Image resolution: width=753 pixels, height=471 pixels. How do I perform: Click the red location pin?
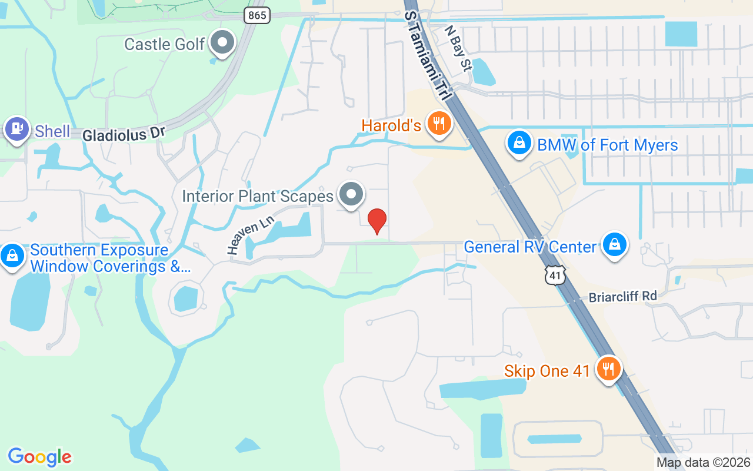377,221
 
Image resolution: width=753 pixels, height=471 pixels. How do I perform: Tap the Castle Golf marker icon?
223,43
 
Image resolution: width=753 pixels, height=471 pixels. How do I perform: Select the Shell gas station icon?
16,128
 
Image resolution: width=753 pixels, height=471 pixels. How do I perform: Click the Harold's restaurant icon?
439,124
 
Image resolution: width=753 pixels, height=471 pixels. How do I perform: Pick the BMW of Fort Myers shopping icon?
519,143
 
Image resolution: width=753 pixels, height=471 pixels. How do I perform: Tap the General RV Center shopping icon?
615,245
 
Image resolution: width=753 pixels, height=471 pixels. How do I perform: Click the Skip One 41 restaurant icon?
608,369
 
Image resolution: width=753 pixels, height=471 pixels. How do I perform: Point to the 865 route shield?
257,15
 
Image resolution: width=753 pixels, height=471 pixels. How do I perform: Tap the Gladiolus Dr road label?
124,134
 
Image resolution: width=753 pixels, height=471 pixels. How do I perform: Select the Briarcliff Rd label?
623,296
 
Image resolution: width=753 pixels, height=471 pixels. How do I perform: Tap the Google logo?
40,456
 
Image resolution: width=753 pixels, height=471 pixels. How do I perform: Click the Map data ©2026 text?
704,463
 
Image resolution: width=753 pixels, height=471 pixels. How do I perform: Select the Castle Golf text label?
165,44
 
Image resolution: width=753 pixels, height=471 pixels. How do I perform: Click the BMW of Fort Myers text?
608,145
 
